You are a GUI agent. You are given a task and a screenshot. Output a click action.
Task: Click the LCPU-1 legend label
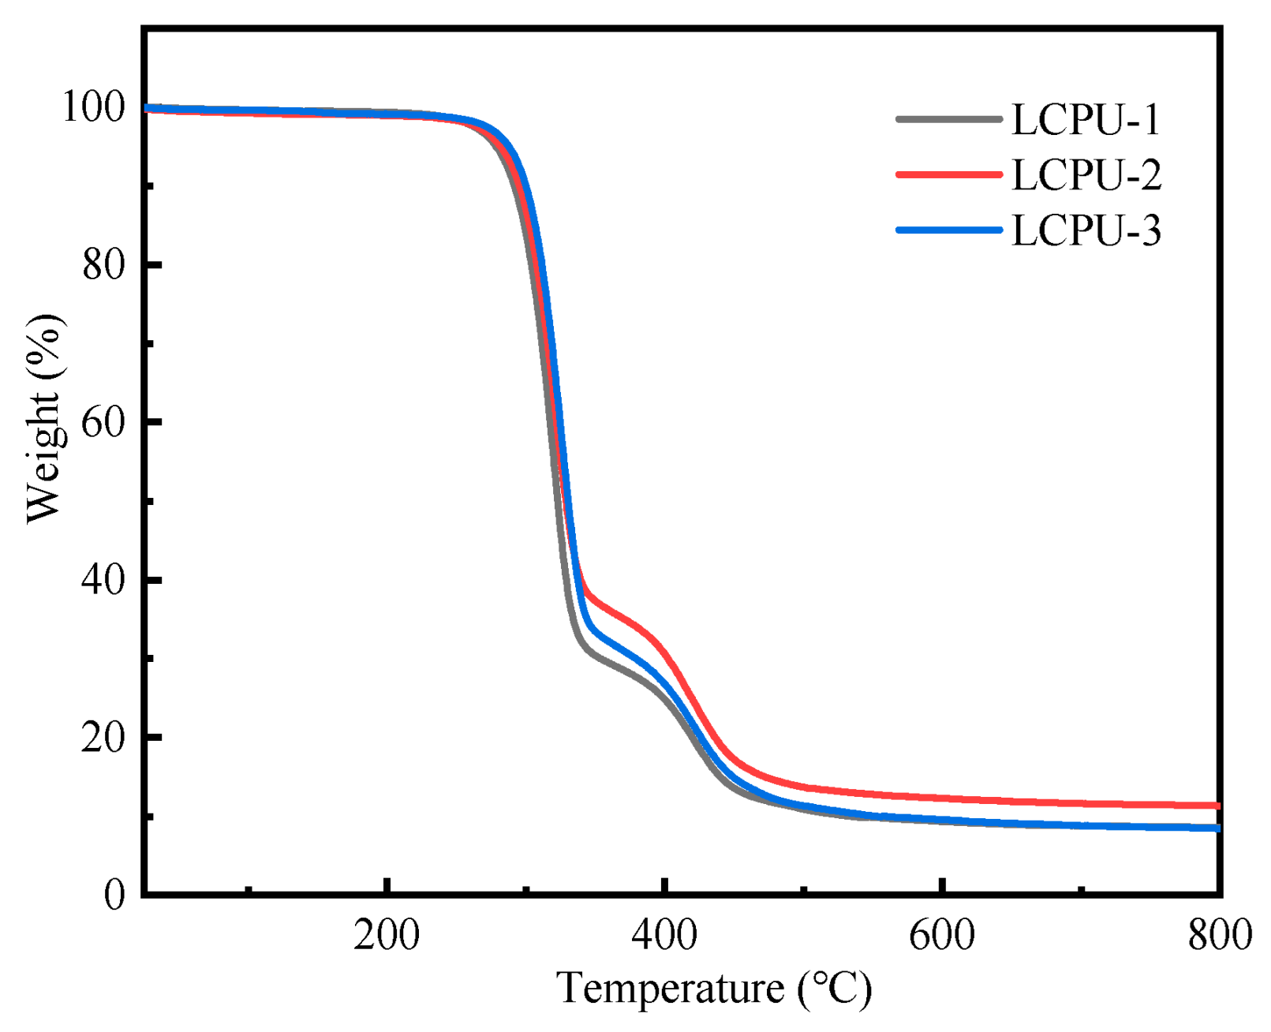1086,120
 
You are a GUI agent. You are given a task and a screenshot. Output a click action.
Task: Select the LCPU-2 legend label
1086,175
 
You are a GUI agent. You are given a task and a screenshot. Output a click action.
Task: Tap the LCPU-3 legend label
1086,231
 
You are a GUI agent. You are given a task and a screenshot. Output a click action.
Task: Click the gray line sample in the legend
949,120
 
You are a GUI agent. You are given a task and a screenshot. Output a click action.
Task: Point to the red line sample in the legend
949,174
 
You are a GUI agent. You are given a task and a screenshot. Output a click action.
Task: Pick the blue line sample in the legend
949,230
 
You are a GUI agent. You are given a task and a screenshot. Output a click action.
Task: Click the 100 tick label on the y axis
93,107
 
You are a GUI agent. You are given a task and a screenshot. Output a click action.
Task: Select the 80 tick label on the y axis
104,265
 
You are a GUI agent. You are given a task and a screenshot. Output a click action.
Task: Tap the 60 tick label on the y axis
104,423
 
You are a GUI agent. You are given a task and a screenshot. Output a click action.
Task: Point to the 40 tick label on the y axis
104,581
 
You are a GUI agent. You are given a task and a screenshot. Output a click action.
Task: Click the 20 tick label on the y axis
104,738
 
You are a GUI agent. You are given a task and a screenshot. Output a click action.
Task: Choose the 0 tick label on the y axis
115,895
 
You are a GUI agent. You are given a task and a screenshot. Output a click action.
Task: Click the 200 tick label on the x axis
387,936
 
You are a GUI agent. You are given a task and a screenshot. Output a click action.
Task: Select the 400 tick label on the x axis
664,936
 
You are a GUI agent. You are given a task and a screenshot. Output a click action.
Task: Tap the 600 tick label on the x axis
942,936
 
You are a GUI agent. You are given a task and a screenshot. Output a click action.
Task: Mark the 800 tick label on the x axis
1220,936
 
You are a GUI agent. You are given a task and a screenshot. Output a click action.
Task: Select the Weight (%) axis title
43,418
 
